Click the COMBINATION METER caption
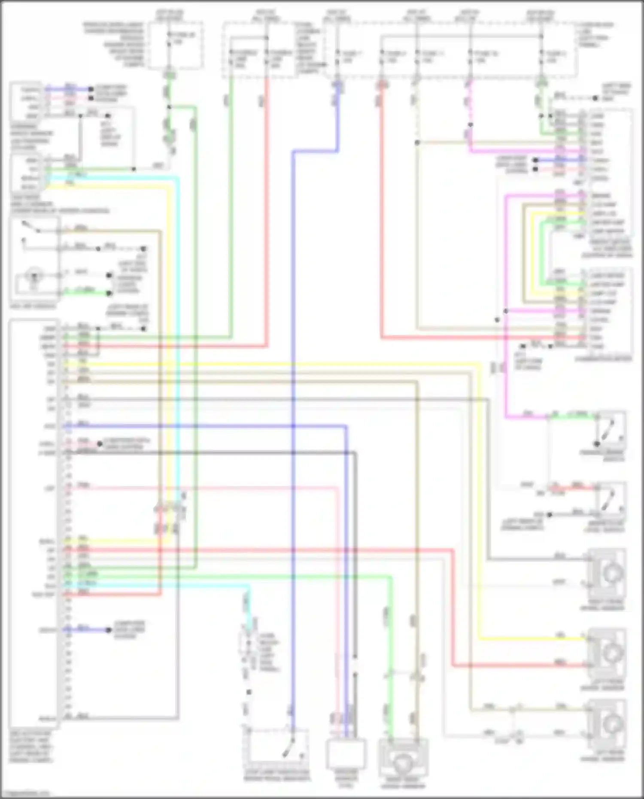[603, 358]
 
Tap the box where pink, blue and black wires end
[346, 753]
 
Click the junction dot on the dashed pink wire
[470, 125]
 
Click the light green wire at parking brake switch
[575, 416]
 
